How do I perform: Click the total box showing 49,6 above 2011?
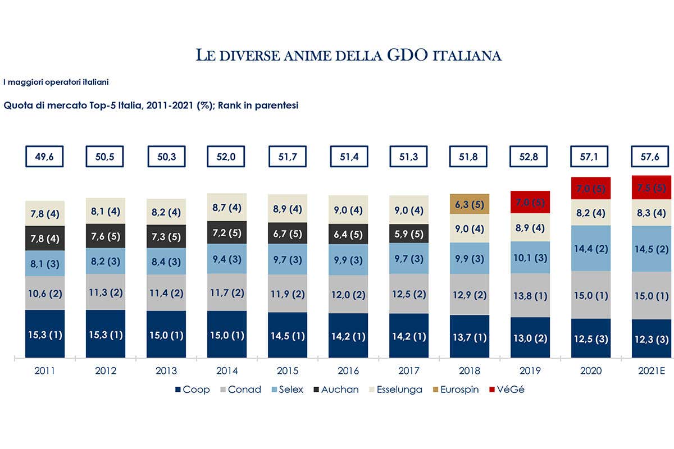click(x=45, y=157)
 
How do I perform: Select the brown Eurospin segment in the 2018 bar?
click(x=470, y=205)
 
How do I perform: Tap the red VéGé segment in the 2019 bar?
click(x=530, y=201)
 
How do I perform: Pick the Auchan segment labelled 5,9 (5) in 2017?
click(x=409, y=233)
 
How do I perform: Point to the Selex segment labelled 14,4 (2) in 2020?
click(x=591, y=248)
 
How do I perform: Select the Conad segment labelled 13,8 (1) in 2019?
click(x=530, y=295)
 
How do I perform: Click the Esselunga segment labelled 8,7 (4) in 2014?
click(x=227, y=208)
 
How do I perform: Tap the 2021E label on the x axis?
click(x=652, y=371)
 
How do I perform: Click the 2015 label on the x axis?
click(x=288, y=371)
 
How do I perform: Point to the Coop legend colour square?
click(x=178, y=389)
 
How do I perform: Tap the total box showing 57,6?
click(x=652, y=157)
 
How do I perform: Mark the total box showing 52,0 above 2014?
click(x=227, y=157)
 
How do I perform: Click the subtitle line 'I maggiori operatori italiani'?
click(x=56, y=82)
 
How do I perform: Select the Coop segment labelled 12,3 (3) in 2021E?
click(x=652, y=338)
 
